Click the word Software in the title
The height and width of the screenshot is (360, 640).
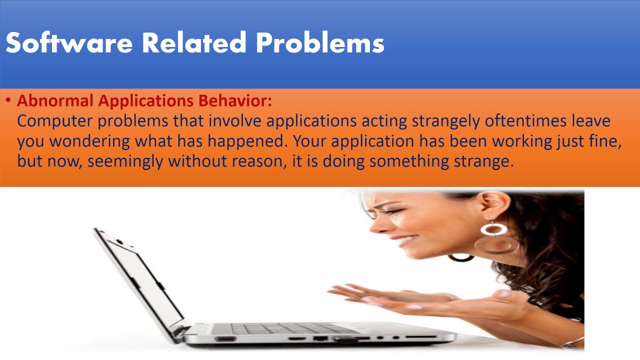click(x=69, y=42)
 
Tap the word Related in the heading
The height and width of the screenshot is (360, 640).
click(x=194, y=42)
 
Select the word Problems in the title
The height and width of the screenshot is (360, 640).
click(x=320, y=42)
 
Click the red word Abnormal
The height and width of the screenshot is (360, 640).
click(x=55, y=100)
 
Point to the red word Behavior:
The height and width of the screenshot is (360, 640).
click(x=235, y=100)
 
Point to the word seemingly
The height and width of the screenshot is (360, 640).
click(x=125, y=161)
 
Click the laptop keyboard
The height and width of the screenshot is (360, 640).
click(x=294, y=328)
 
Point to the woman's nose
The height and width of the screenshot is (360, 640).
click(x=377, y=225)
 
